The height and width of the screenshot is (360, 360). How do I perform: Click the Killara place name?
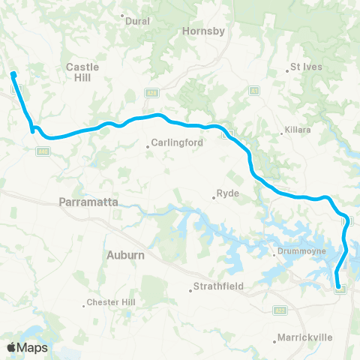(298, 130)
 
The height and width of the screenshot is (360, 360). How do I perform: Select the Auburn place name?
(125, 255)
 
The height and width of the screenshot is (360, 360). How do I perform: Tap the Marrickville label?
(304, 337)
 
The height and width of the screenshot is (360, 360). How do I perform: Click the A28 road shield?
(150, 91)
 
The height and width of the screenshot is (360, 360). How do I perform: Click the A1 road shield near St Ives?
(254, 91)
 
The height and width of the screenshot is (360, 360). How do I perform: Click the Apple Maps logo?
(26, 347)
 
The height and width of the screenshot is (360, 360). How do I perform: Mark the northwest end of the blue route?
(13, 73)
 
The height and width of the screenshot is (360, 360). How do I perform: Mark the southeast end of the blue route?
(338, 286)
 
